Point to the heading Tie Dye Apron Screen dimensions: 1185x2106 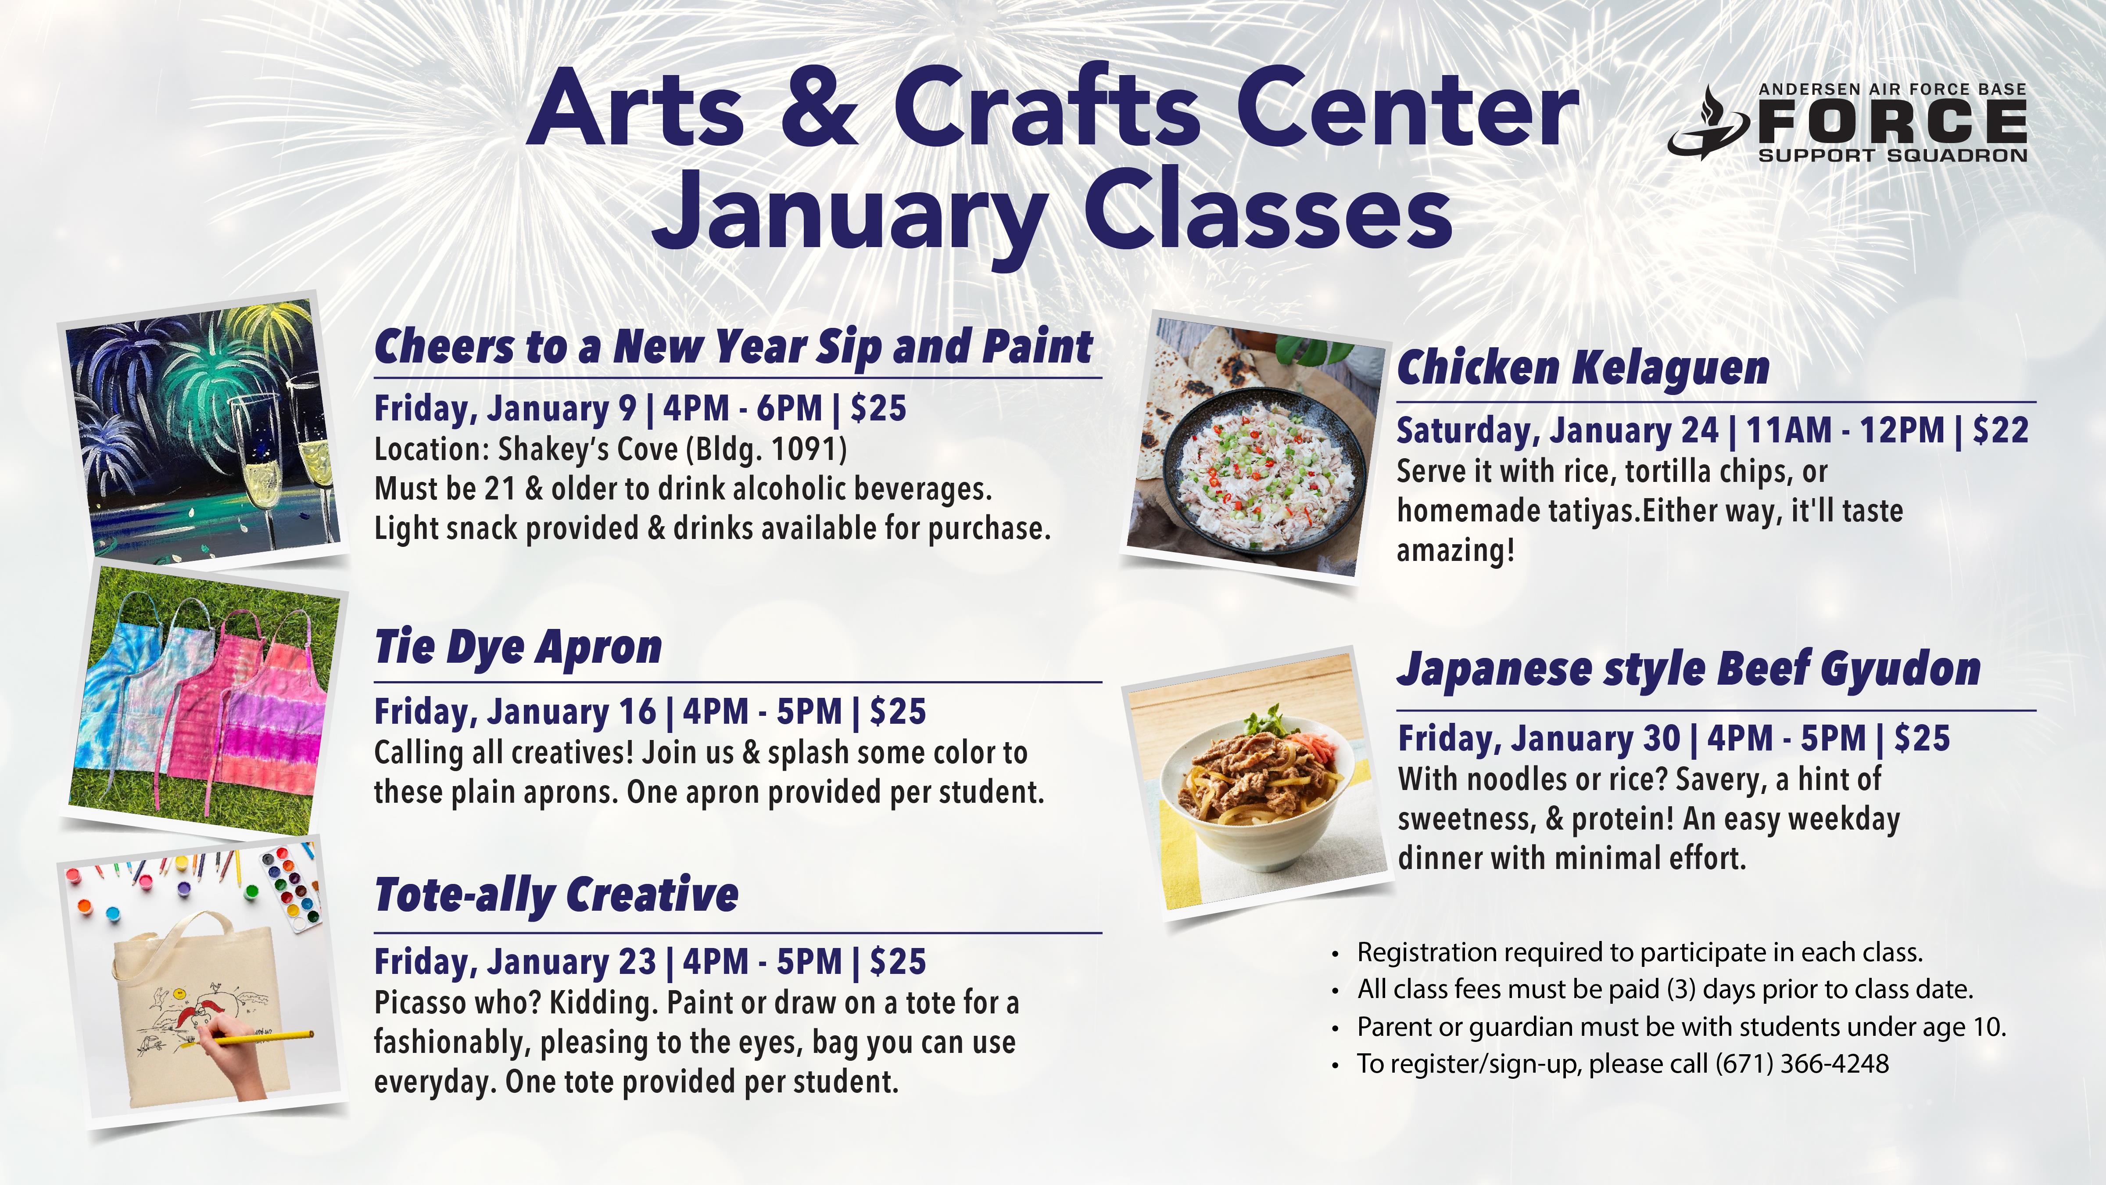pyautogui.click(x=518, y=648)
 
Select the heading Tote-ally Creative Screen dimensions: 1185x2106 pyautogui.click(x=556, y=894)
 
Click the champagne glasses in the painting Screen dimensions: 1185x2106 pyautogui.click(x=286, y=458)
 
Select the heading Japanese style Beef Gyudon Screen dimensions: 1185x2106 pyautogui.click(x=1688, y=669)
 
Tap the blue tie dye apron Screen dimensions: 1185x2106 pyautogui.click(x=123, y=687)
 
